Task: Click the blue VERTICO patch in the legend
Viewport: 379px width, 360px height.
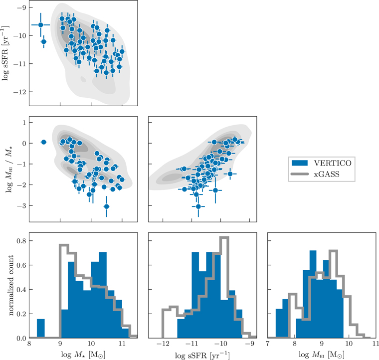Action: click(300, 163)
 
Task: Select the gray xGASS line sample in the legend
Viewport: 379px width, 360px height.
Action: click(300, 175)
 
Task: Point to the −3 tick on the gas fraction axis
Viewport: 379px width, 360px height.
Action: click(21, 205)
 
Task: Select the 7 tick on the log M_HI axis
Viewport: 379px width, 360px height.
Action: click(268, 344)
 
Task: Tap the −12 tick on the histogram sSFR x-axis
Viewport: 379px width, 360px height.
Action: click(163, 344)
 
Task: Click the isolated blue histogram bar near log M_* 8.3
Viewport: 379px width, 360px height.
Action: click(41, 329)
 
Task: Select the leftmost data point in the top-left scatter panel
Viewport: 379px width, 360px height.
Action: click(41, 24)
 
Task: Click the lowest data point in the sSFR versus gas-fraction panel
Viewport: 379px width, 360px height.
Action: click(198, 206)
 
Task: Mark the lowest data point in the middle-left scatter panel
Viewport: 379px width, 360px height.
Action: click(106, 206)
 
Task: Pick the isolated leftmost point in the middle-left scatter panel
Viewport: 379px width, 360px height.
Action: click(43, 142)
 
